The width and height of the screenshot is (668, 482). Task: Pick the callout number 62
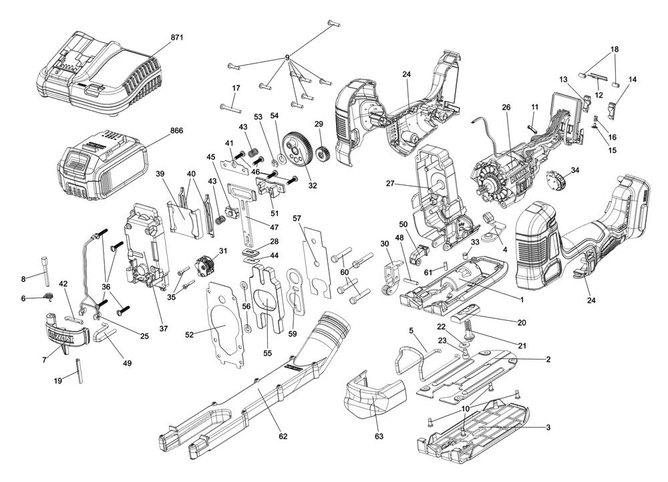(283, 437)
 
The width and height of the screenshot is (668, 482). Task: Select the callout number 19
(58, 380)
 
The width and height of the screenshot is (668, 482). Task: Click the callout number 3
(548, 427)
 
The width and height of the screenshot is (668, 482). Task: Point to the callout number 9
(288, 57)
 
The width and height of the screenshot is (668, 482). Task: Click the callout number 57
(297, 219)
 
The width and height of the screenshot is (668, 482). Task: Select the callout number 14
(633, 80)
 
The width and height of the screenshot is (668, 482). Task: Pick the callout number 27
(391, 183)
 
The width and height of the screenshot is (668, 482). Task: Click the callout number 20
(521, 322)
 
